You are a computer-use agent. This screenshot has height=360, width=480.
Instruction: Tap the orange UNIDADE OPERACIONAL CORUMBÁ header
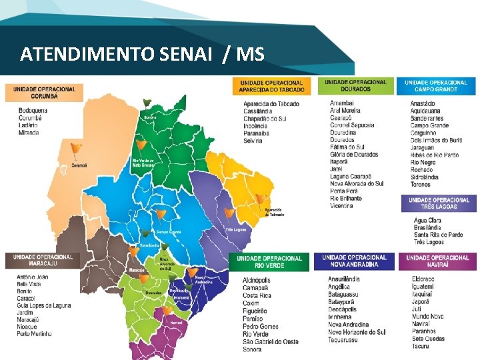coord(45,92)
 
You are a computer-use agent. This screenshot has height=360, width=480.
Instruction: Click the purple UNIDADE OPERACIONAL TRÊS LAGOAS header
coord(439,203)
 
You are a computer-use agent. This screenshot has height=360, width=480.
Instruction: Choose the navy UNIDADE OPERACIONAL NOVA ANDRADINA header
coord(354,261)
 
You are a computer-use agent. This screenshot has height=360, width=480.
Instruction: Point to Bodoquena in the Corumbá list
coord(33,110)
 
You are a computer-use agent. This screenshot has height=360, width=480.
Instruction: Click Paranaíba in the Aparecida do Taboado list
coord(257,133)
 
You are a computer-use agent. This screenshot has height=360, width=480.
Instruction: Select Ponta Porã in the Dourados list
coord(345,191)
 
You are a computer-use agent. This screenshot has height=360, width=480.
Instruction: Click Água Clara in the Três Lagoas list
coord(428,220)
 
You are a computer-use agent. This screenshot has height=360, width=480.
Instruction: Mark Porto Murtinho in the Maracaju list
coord(34,333)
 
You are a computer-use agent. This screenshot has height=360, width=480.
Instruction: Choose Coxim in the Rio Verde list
coord(251,303)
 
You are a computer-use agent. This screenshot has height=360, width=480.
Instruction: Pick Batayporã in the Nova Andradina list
coord(343,302)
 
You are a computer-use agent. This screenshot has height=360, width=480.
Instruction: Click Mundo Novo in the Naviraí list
coord(427,316)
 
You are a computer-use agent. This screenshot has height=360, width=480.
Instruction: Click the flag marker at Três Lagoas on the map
coord(230,213)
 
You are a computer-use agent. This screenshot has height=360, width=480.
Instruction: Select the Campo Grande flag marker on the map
coord(161,215)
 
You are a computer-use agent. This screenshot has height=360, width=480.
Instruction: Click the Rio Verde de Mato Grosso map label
coord(143,163)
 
